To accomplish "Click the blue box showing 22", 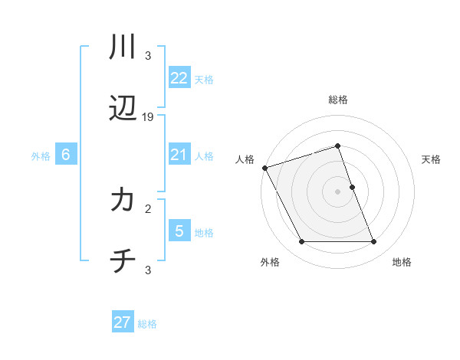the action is point(179,78).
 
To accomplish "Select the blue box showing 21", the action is point(179,155).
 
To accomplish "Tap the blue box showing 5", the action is point(179,231).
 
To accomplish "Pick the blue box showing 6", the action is point(66,155).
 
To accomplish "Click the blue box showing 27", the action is point(123,322).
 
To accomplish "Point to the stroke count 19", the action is point(148,117).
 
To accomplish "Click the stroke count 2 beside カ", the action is point(148,208).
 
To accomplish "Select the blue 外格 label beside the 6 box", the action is point(41,156).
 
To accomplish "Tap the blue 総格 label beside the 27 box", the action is point(147,324).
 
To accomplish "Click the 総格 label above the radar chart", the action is point(337,100).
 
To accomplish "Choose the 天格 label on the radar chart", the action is point(432,159).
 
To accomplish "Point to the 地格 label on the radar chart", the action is point(402,262).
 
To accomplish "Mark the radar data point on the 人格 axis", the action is point(264,168).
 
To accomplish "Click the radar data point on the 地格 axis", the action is point(373,242).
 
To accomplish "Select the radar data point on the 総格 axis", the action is point(337,146).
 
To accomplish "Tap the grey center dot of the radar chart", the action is point(337,191).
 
